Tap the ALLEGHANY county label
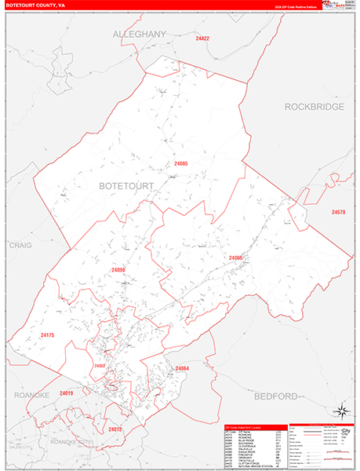[x=140, y=35]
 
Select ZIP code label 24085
[x=182, y=163]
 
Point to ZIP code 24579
[x=338, y=213]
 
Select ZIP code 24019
[x=65, y=392]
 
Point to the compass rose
[x=342, y=411]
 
